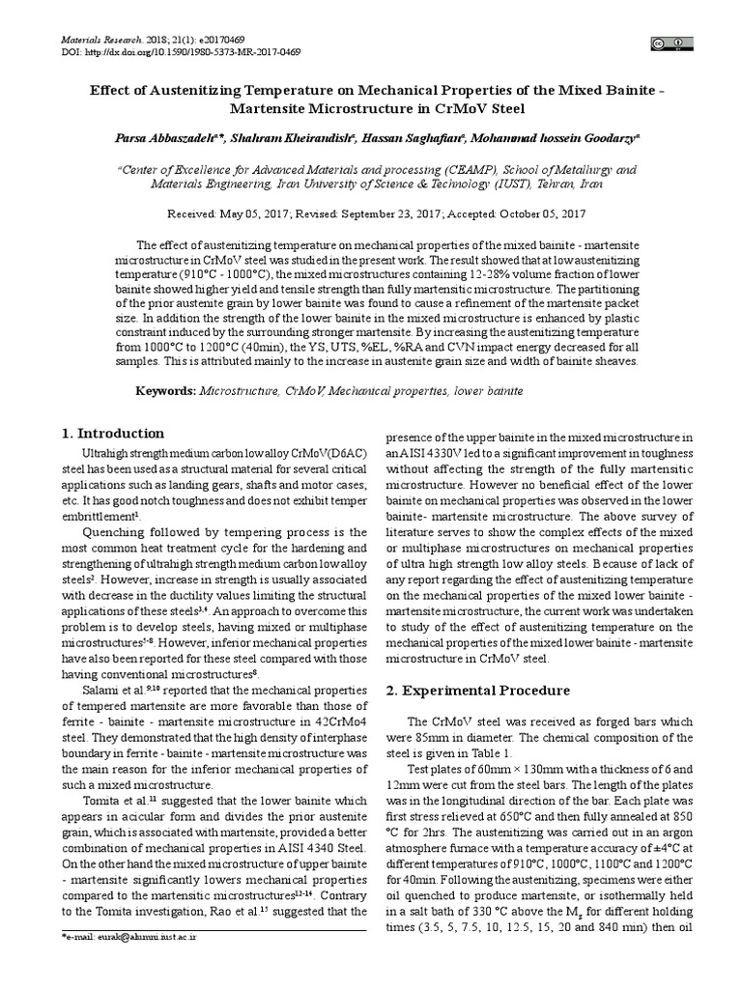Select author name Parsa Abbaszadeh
click(x=169, y=139)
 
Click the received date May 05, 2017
click(x=254, y=213)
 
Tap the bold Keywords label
click(x=164, y=391)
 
